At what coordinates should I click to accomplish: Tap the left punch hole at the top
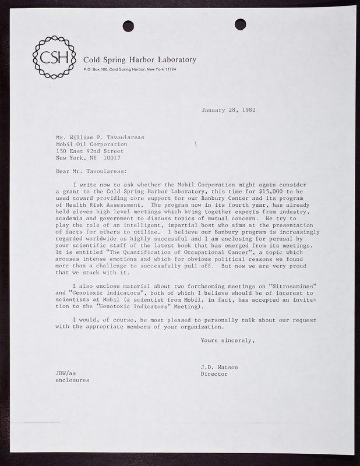point(129,26)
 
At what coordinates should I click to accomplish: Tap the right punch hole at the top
point(240,24)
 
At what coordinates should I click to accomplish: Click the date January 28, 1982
point(228,110)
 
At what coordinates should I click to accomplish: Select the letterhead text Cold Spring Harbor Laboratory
point(140,59)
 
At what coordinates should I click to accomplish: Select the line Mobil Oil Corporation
point(91,143)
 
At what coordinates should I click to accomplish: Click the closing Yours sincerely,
point(227,340)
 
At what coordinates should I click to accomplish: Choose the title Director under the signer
point(214,375)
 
